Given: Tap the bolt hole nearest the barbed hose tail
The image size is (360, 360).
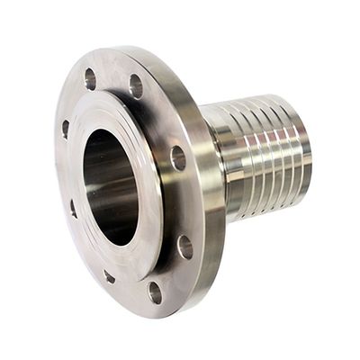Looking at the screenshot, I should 177,158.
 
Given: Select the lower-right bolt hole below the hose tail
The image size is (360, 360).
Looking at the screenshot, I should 184,245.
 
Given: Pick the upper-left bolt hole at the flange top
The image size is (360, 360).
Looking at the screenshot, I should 90,79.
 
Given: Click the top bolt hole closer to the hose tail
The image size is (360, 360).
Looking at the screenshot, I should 136,86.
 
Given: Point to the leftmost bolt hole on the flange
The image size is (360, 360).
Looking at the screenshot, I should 66,129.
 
